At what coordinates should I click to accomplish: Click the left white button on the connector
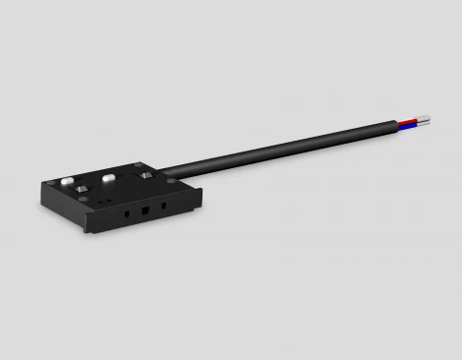pos(67,180)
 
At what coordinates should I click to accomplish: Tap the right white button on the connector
pos(108,178)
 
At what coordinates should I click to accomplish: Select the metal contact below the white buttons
pos(82,189)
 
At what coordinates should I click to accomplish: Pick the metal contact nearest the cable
pos(145,175)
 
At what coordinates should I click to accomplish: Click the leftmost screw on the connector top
pos(50,183)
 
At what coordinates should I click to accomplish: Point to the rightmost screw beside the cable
pos(171,180)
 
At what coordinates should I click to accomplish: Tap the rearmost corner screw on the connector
pos(138,164)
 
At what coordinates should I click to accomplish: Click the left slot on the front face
pos(127,213)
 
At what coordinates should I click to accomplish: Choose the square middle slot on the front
pos(144,210)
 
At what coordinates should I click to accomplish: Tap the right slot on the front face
pos(163,206)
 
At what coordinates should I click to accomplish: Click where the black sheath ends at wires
pos(397,125)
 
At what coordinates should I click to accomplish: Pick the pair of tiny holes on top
pos(105,201)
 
